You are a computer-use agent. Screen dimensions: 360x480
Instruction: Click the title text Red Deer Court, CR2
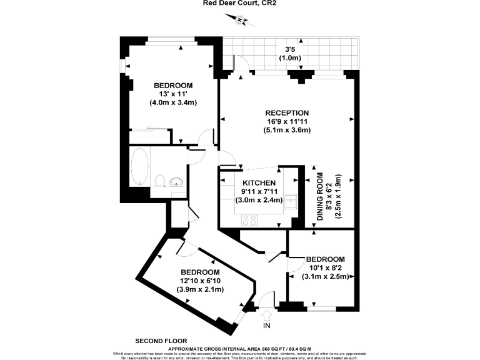pyautogui.click(x=239, y=3)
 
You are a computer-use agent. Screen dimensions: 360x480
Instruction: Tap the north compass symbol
pyautogui.click(x=239, y=21)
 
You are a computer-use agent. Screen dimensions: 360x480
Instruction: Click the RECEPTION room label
pyautogui.click(x=287, y=112)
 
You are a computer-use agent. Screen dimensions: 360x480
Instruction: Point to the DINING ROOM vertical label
pyautogui.click(x=320, y=197)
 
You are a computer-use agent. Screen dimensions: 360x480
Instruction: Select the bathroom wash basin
pyautogui.click(x=177, y=182)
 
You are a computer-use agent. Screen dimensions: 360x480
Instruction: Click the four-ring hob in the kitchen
pyautogui.click(x=249, y=219)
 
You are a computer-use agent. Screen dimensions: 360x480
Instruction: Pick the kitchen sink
pyautogui.click(x=291, y=202)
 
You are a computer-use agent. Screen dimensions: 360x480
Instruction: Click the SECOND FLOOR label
pyautogui.click(x=161, y=341)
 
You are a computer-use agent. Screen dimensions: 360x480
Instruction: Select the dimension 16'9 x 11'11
pyautogui.click(x=287, y=121)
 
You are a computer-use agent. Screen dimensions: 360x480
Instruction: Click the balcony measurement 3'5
pyautogui.click(x=290, y=49)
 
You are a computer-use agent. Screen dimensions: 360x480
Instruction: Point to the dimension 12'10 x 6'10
pyautogui.click(x=200, y=281)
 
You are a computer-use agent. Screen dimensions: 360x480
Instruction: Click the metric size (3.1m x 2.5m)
pyautogui.click(x=325, y=276)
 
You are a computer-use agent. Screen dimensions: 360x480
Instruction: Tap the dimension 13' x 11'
pyautogui.click(x=173, y=94)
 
